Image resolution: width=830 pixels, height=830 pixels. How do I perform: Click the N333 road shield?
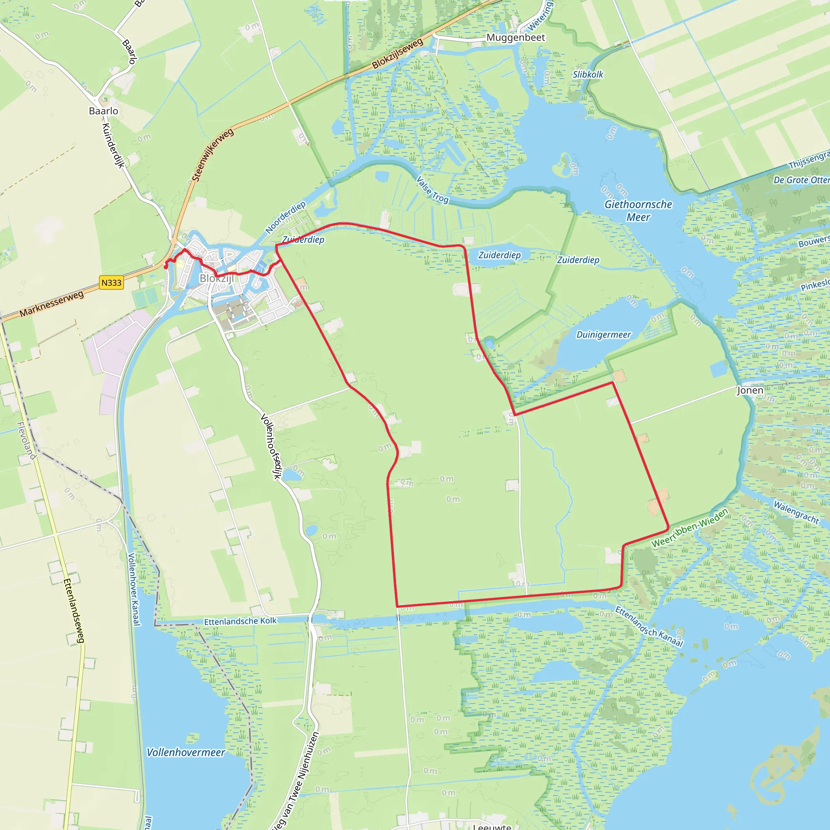point(111,283)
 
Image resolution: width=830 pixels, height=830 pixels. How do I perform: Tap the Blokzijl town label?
point(217,278)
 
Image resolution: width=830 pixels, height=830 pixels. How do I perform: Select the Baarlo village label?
point(103,111)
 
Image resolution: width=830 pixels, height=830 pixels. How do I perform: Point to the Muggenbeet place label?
point(516,38)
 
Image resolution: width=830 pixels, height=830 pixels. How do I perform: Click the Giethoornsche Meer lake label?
point(638,210)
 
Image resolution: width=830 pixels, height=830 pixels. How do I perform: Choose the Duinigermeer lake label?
point(603,335)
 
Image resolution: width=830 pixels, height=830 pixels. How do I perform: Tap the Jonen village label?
point(750,390)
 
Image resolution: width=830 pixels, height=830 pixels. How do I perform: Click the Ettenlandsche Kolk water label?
point(240,621)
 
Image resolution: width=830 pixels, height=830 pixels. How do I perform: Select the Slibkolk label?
point(588,74)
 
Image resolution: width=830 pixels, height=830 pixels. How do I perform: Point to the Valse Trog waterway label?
point(432,189)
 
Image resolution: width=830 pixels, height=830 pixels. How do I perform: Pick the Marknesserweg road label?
point(51,304)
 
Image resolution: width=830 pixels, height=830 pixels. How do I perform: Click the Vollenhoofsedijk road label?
point(271,446)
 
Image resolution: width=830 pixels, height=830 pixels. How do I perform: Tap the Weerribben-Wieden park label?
point(689,528)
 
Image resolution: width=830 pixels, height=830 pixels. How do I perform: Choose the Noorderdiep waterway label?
point(286,217)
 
